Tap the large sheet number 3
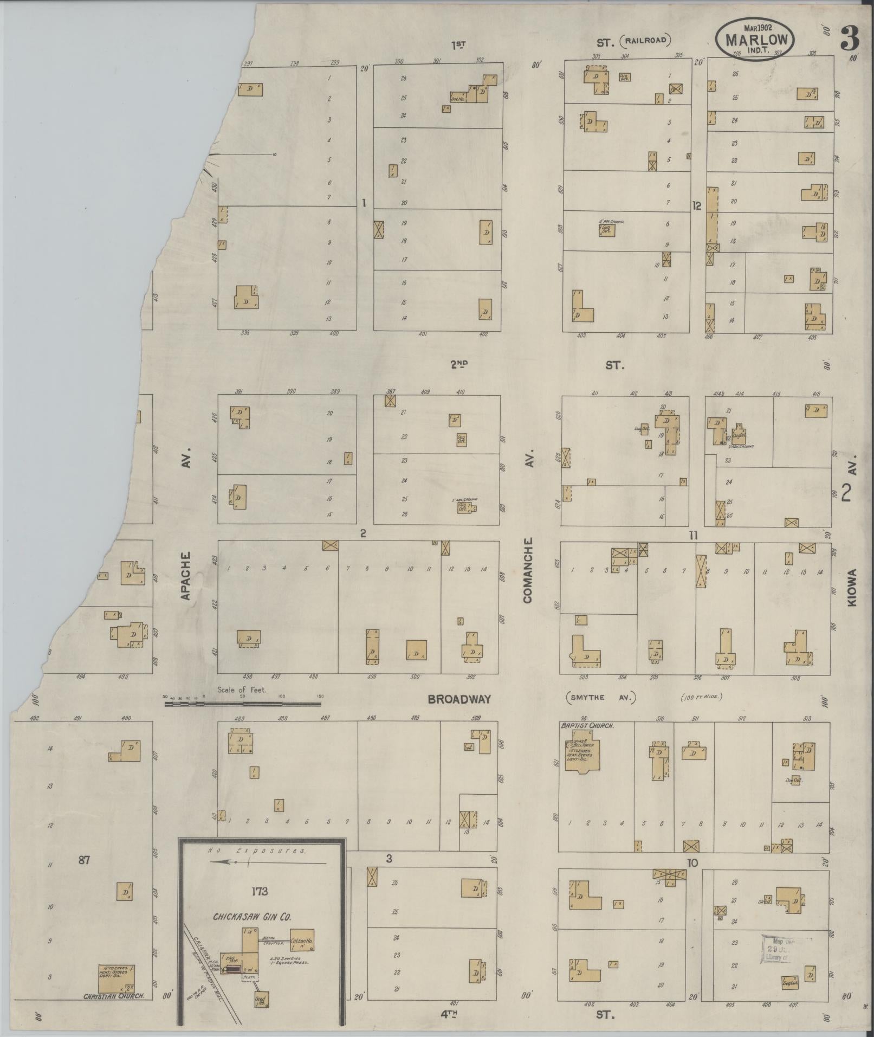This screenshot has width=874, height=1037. (850, 38)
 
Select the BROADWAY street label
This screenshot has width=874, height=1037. (459, 699)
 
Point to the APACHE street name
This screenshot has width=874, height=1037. (186, 576)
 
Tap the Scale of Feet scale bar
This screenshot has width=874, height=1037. (242, 704)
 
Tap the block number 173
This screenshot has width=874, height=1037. (260, 891)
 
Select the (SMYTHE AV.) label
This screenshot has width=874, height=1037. (599, 698)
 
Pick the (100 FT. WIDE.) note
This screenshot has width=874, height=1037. (702, 698)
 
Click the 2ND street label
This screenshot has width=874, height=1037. (458, 365)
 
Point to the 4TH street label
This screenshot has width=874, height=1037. (458, 1012)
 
